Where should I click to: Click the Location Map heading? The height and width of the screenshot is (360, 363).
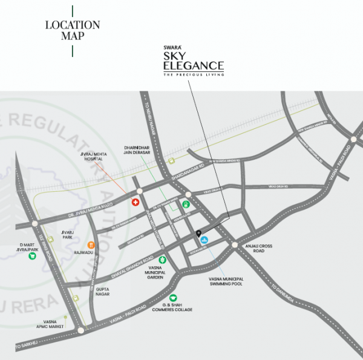click(x=73, y=30)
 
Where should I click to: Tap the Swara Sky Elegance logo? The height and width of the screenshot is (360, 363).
click(x=194, y=61)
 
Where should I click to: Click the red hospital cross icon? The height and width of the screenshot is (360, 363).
click(x=136, y=203)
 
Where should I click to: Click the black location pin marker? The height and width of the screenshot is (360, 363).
click(x=198, y=234)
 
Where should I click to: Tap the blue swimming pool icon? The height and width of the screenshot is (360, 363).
click(x=204, y=241)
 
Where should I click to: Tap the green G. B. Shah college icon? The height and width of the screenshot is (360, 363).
click(x=173, y=298)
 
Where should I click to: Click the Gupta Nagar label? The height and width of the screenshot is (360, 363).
click(x=103, y=293)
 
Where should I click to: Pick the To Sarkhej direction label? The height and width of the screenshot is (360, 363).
click(x=25, y=345)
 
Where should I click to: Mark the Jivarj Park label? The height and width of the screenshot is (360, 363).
click(x=67, y=234)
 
